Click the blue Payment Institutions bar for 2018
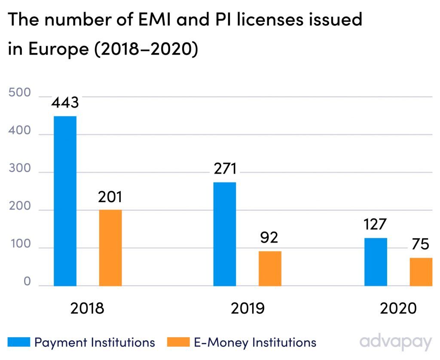(x=65, y=201)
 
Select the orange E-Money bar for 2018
(x=110, y=248)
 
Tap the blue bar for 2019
(x=225, y=234)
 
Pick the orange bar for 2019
(x=270, y=268)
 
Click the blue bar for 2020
(x=376, y=262)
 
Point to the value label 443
(x=65, y=103)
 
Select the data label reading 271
(x=224, y=169)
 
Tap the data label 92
(x=269, y=237)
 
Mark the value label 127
(x=375, y=225)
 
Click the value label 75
(x=420, y=244)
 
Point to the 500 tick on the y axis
(x=19, y=93)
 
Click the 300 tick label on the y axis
(x=19, y=169)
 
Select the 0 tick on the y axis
(x=27, y=282)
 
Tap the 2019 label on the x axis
(x=247, y=309)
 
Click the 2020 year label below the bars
(x=398, y=309)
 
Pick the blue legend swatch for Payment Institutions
(x=19, y=342)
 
